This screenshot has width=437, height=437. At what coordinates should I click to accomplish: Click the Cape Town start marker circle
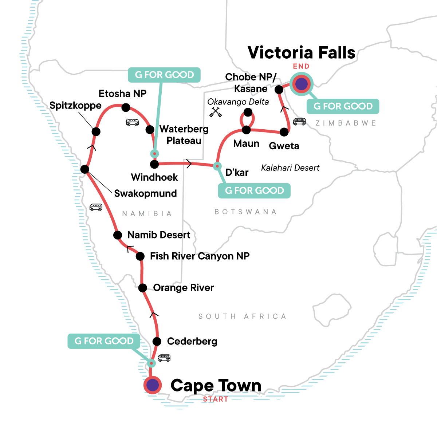pos(153,385)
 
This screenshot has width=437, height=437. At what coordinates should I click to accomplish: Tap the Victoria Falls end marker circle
pos(301,84)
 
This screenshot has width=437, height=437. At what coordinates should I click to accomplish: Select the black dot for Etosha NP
pos(126,107)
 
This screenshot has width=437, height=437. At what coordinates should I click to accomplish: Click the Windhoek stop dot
pos(154,164)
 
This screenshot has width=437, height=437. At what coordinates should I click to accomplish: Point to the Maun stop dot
pos(247,129)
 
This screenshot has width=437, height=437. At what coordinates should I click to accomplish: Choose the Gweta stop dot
pos(284,132)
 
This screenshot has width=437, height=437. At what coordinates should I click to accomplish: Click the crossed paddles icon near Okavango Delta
pos(216,113)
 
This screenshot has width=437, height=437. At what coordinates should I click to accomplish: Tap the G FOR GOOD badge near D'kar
pos(254,191)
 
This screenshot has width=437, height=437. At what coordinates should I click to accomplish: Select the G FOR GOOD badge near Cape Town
pos(104,341)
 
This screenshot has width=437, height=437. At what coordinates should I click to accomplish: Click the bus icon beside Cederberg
pos(164,358)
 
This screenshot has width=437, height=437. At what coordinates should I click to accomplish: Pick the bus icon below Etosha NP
pos(133,122)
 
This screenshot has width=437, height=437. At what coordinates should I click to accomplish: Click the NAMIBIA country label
pos(147,214)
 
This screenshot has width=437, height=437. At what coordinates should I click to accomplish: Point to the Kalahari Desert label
pos(290,168)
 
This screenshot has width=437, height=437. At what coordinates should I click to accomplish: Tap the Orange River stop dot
pos(143,288)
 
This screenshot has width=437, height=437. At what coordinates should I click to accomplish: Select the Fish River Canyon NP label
pos(200,256)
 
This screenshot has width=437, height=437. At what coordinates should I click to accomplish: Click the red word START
pos(216,399)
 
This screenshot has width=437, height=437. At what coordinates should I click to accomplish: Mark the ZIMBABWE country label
pos(346,123)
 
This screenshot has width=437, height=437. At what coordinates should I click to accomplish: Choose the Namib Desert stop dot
pos(118,235)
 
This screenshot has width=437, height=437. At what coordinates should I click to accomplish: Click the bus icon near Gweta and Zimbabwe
pos(299,122)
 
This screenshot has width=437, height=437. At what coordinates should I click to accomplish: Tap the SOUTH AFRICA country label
pos(242,316)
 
